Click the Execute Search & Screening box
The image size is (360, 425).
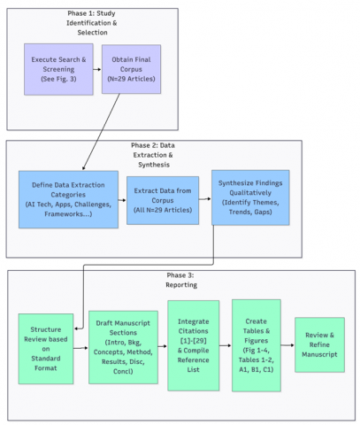58,69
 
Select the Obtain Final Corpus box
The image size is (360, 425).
131,69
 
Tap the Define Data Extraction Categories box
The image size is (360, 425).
68,199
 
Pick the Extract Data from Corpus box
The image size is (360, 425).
163,200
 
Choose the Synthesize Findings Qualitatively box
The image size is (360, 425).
250,197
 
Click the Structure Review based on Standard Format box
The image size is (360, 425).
46,349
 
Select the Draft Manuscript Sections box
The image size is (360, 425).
123,347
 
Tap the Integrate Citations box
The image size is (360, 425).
194,345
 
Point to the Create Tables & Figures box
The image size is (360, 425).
257,345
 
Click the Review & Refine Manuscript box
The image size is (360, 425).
319,344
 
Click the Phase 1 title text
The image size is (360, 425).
92,23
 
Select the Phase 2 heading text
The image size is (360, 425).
153,155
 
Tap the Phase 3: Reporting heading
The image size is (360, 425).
181,280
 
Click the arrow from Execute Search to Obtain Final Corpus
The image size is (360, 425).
97,69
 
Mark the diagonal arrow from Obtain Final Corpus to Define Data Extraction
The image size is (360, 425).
101,132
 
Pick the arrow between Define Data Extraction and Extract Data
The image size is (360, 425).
122,200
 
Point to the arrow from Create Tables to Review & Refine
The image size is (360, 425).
287,345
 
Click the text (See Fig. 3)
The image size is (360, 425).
58,79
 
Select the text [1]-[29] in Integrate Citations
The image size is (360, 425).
194,341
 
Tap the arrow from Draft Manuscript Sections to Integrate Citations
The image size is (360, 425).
163,346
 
